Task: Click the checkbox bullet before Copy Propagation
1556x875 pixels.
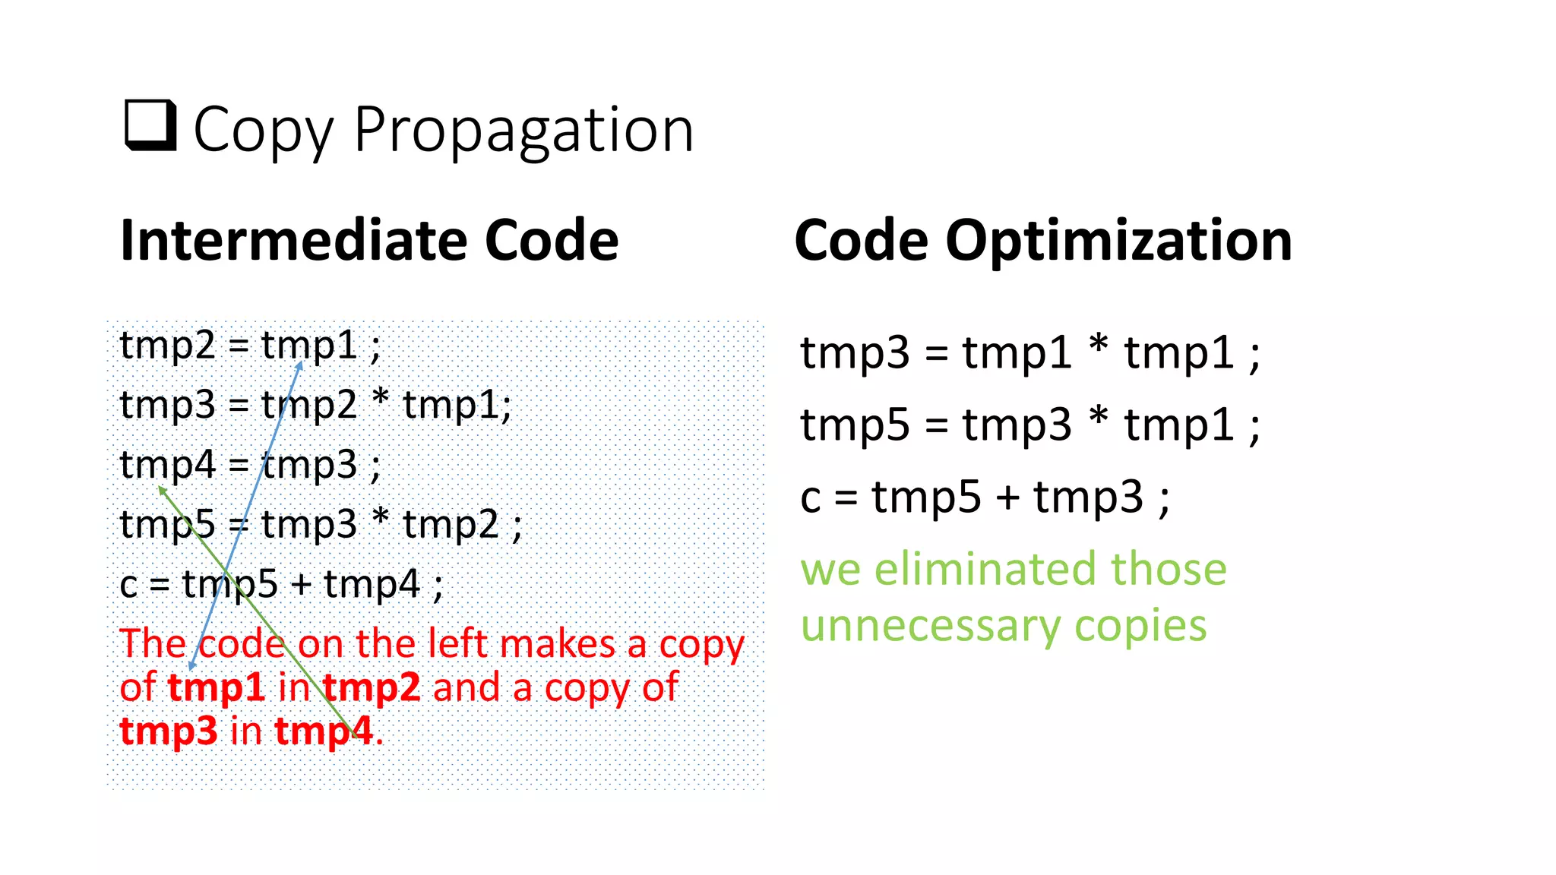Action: tap(150, 126)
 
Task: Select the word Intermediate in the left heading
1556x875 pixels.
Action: tap(293, 241)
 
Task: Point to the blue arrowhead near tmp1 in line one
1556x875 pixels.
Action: tap(300, 365)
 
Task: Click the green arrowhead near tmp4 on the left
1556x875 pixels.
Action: tap(162, 491)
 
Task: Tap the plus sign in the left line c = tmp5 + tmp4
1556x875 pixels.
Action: tap(301, 585)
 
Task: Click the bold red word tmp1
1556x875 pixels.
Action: tap(216, 687)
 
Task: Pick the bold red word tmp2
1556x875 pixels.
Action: tap(372, 687)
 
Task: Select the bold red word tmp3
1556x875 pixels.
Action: tap(168, 731)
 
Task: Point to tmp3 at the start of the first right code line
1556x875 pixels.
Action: tap(854, 354)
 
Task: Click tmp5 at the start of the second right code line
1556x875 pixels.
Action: tap(854, 425)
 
